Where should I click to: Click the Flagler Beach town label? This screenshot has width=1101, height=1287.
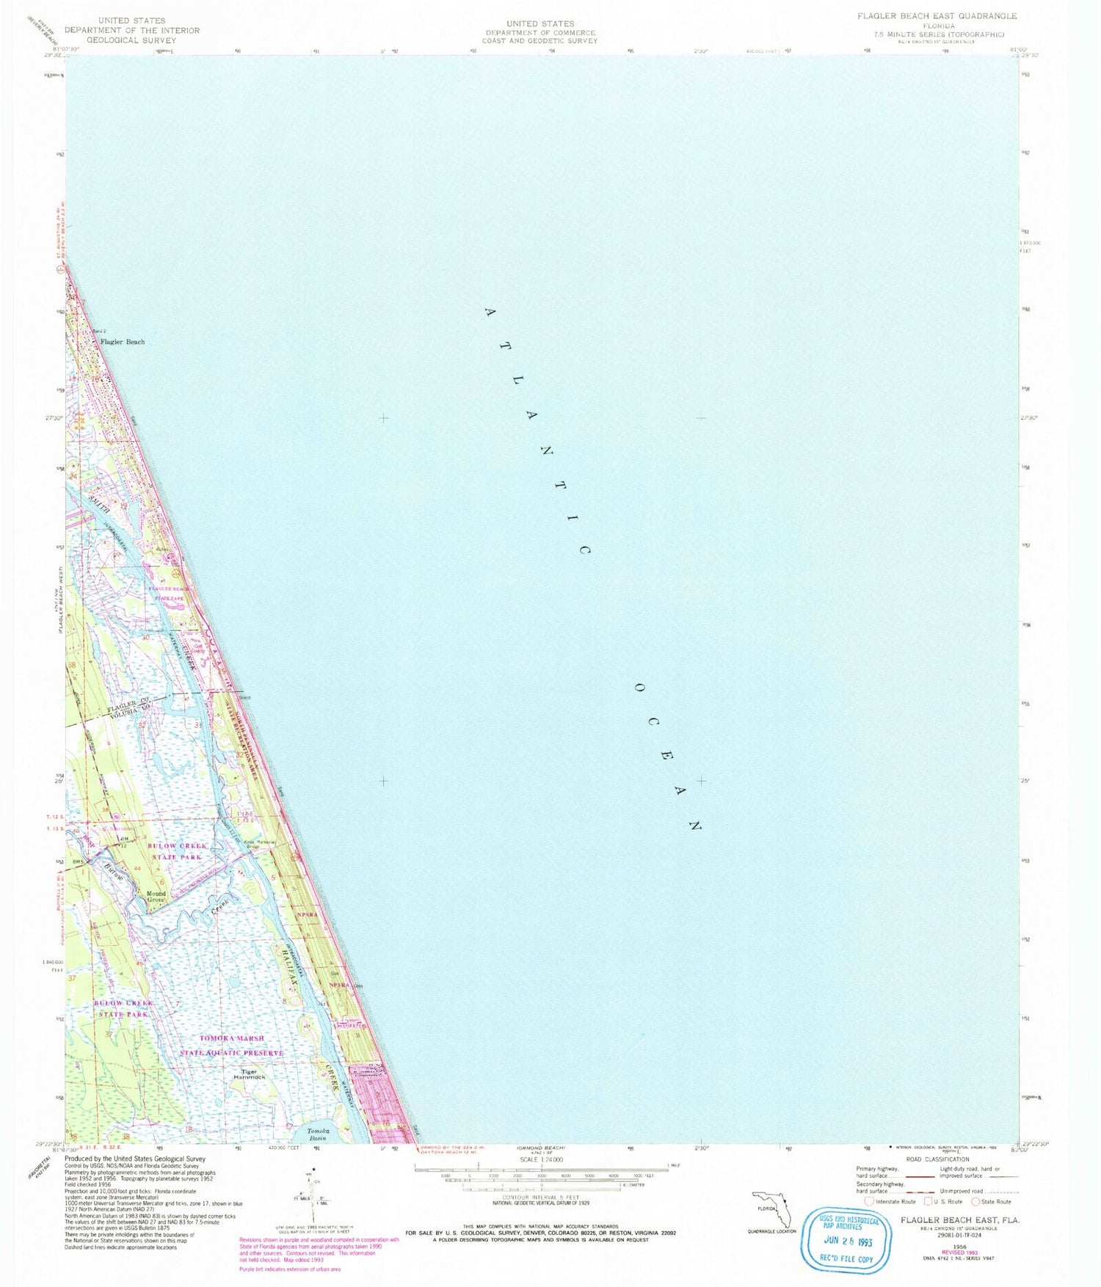click(x=123, y=342)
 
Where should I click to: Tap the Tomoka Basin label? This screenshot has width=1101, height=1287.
click(x=319, y=1134)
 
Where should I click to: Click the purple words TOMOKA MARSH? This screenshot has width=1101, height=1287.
click(x=232, y=1038)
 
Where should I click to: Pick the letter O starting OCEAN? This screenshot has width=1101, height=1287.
click(x=639, y=688)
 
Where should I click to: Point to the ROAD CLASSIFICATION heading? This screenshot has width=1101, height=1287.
click(x=937, y=1159)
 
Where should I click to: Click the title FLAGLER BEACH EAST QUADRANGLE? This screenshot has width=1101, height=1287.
click(x=942, y=16)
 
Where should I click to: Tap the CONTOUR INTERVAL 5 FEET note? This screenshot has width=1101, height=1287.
click(x=540, y=1197)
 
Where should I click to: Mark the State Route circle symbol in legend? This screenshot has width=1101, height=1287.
click(x=975, y=1201)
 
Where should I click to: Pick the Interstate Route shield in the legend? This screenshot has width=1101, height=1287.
click(x=869, y=1201)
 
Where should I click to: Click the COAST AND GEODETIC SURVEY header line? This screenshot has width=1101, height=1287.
click(x=539, y=41)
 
